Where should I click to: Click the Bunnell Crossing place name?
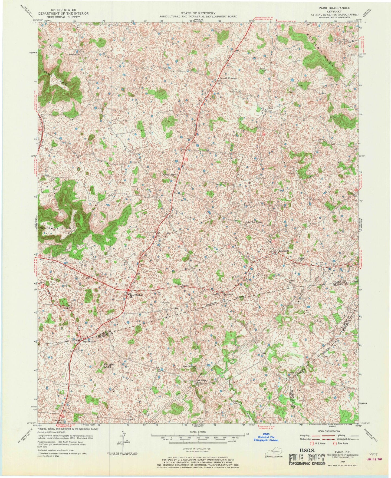[x=228, y=78]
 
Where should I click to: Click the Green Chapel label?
[x=169, y=175]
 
